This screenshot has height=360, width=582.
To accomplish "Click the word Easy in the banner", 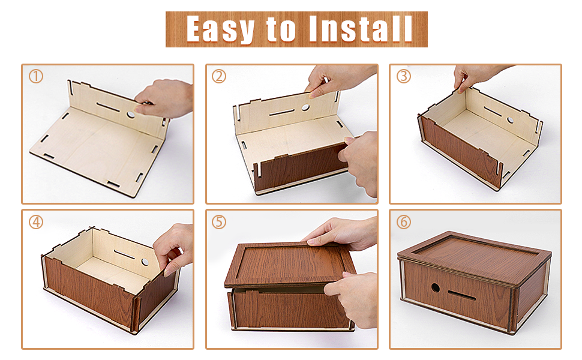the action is click(x=220, y=29).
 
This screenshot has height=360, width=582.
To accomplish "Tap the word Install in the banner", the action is click(x=360, y=29).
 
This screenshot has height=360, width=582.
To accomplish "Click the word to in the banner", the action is click(x=281, y=29).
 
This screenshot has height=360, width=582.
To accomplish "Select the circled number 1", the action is click(x=36, y=76).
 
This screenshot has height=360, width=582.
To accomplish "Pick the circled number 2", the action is click(x=219, y=76).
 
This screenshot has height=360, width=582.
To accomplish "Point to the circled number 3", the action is click(x=403, y=76).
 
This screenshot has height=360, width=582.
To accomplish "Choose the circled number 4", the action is click(x=36, y=222).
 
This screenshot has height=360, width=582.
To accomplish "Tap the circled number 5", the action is click(x=219, y=222).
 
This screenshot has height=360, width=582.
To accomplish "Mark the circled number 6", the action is click(x=403, y=222).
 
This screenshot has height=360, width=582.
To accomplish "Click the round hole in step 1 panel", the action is click(x=131, y=115).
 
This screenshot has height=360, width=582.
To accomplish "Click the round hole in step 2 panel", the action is click(x=305, y=107).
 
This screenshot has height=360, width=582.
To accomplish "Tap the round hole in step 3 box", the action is click(x=511, y=120).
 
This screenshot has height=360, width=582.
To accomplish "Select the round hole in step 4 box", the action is click(x=145, y=262).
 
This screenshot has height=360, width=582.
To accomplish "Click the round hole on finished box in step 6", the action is click(x=436, y=287).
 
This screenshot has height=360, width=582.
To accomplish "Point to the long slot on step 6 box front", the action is click(x=462, y=295).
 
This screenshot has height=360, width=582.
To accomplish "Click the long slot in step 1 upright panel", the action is click(x=107, y=107).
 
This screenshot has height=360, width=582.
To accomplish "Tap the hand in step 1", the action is click(x=164, y=99).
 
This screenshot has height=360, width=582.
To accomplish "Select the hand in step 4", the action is click(x=174, y=248).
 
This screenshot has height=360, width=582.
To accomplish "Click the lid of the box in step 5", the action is click(x=288, y=264).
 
